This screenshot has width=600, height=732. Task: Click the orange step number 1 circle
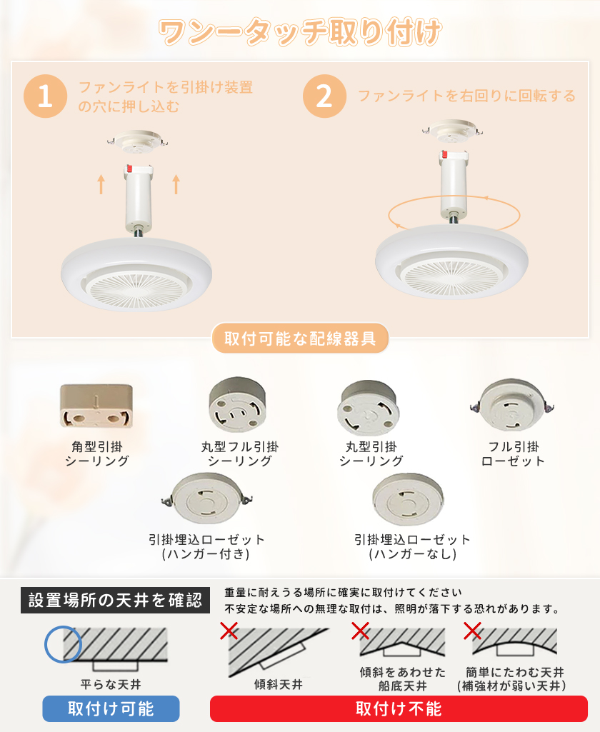tap(45, 96)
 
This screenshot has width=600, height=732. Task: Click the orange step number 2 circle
tap(324, 96)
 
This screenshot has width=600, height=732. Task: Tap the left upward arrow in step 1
tap(101, 184)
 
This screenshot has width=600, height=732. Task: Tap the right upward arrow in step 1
tap(176, 184)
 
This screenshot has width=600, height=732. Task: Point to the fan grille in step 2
tap(451, 277)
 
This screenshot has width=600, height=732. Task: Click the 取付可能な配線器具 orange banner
tap(300, 339)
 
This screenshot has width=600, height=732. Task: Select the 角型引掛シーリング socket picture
tap(96, 406)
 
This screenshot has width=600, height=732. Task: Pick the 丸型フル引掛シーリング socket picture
tap(238, 405)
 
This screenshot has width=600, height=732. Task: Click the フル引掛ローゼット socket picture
tap(512, 404)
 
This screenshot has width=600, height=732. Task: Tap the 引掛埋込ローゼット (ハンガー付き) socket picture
tap(207, 498)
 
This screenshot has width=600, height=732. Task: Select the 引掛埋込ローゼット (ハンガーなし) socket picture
tap(408, 499)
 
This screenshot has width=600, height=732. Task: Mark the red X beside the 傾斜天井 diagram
tap(229, 631)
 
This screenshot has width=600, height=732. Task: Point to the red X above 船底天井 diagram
tap(360, 631)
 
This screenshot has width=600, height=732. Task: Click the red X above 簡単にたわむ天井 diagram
tap(472, 631)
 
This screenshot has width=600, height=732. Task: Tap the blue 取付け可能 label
tap(111, 708)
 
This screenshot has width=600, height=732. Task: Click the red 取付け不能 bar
tap(399, 708)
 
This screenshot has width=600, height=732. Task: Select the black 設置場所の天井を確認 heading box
tap(115, 601)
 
